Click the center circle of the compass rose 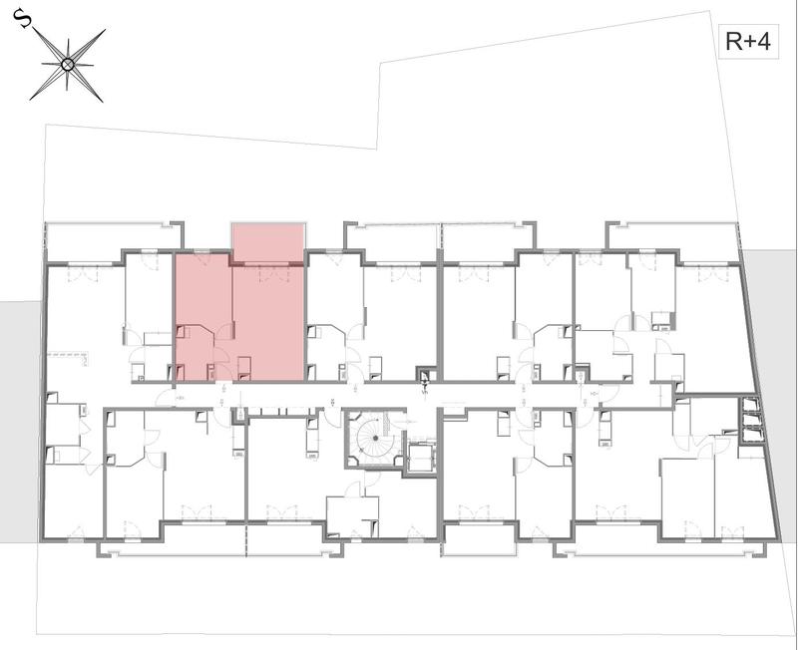click(x=68, y=65)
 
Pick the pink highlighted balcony click(x=267, y=242)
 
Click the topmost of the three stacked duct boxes click(x=749, y=406)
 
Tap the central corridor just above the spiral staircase click(x=374, y=396)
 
